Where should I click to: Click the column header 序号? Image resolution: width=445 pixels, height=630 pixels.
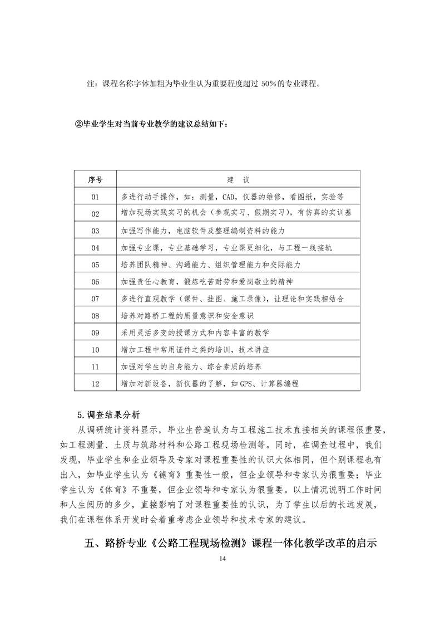pos(95,179)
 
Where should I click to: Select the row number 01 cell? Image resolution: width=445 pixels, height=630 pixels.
pos(95,197)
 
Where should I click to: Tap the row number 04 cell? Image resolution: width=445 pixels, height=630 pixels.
pos(95,247)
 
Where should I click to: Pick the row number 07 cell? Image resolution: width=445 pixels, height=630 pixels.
pos(95,299)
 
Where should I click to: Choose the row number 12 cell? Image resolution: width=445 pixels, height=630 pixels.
pos(95,384)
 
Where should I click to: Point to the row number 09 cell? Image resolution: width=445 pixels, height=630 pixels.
pos(95,333)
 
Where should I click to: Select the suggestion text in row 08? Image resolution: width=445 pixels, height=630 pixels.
pos(187,316)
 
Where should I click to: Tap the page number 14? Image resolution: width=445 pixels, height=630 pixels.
pos(222,559)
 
